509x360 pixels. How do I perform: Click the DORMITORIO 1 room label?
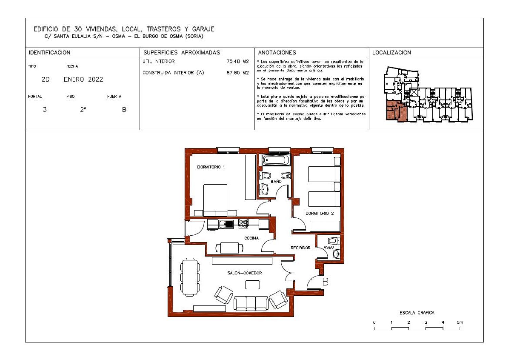click(x=211, y=167)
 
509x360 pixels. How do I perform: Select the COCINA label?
click(x=251, y=238)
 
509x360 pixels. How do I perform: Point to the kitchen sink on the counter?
click(x=226, y=224)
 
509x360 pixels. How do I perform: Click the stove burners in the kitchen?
click(x=243, y=223)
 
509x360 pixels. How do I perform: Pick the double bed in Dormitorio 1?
click(x=215, y=200)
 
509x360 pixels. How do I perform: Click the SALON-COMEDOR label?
click(x=245, y=273)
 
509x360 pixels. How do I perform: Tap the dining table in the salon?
click(x=190, y=277)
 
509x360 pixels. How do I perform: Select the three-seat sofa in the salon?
click(x=251, y=303)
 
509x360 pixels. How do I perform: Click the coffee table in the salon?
click(x=252, y=285)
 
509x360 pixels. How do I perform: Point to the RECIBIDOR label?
click(x=301, y=248)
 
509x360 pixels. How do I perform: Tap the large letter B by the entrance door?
click(x=326, y=282)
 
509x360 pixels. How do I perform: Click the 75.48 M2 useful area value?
click(x=238, y=61)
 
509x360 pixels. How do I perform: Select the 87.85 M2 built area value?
click(x=238, y=73)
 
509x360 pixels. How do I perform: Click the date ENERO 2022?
click(x=83, y=79)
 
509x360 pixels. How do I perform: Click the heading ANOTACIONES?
click(x=277, y=53)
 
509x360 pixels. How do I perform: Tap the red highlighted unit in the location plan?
click(x=395, y=110)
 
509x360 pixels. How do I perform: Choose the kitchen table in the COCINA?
click(x=229, y=248)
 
